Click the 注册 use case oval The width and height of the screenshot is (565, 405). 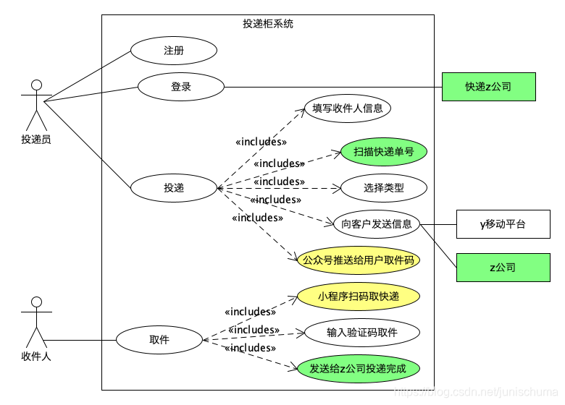tap(174, 51)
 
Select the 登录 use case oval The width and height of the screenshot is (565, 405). tap(181, 87)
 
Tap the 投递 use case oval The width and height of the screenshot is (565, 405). tap(174, 188)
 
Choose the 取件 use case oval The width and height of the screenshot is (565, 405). tap(159, 340)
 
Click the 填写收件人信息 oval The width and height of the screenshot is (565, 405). tap(347, 108)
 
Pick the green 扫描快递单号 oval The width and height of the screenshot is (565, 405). tap(383, 152)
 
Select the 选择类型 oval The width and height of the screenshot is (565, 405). tap(383, 188)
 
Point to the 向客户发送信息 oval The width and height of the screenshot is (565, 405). tap(376, 224)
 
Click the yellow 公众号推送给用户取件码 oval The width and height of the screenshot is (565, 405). tap(359, 260)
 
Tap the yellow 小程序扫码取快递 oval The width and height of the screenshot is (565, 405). tap(359, 297)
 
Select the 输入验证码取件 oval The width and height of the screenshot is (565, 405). tap(361, 333)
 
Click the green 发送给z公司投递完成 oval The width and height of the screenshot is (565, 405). tap(358, 369)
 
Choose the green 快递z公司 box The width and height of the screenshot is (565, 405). tap(488, 87)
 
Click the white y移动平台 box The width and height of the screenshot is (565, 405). tap(503, 224)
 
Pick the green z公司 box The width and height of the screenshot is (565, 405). tap(503, 268)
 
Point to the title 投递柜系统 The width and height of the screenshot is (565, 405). tap(268, 24)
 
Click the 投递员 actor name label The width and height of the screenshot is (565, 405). tap(36, 140)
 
